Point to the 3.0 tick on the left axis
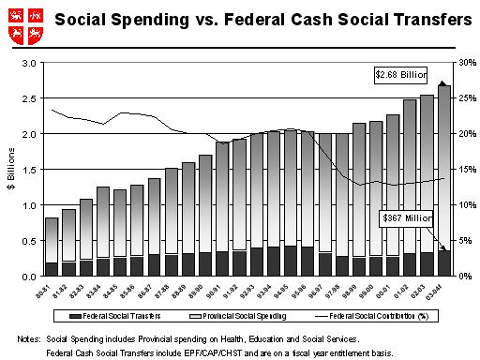coord(29,63)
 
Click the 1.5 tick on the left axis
coord(29,170)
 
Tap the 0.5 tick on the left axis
coord(29,241)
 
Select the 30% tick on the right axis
coord(458,63)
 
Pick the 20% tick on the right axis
coord(458,134)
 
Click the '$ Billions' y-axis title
coord(10,170)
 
